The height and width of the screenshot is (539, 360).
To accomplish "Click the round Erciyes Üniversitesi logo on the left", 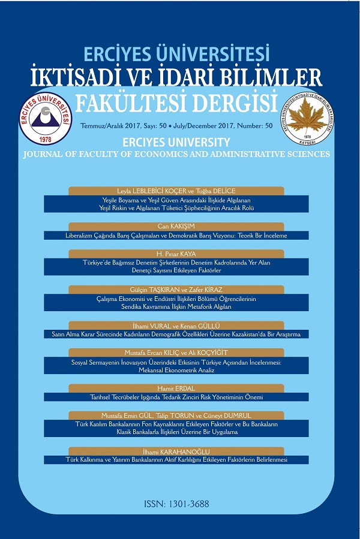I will pyautogui.click(x=47, y=119).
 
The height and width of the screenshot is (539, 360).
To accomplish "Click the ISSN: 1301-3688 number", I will pyautogui.click(x=177, y=504).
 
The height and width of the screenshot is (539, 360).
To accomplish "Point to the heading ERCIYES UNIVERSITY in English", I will pyautogui.click(x=176, y=142).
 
